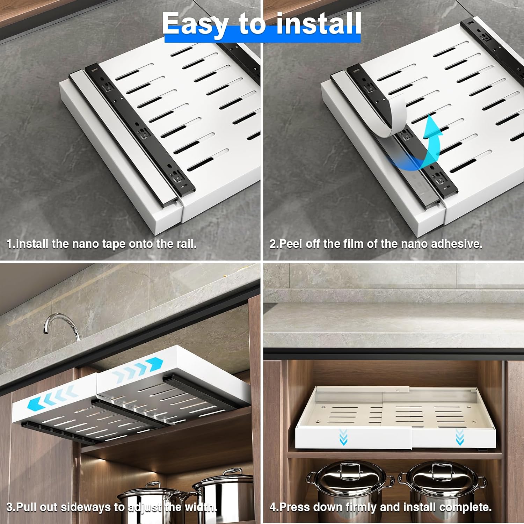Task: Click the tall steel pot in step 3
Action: pyautogui.click(x=224, y=496)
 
